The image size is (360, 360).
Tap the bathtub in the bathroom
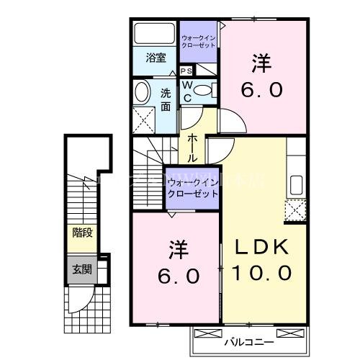point(154,35)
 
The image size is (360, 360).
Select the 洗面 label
point(166,99)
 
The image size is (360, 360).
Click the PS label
point(186,71)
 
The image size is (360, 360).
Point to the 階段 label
point(81,232)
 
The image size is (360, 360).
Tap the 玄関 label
point(81,270)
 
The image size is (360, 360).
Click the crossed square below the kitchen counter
point(297,210)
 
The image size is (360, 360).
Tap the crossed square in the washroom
point(144,118)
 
